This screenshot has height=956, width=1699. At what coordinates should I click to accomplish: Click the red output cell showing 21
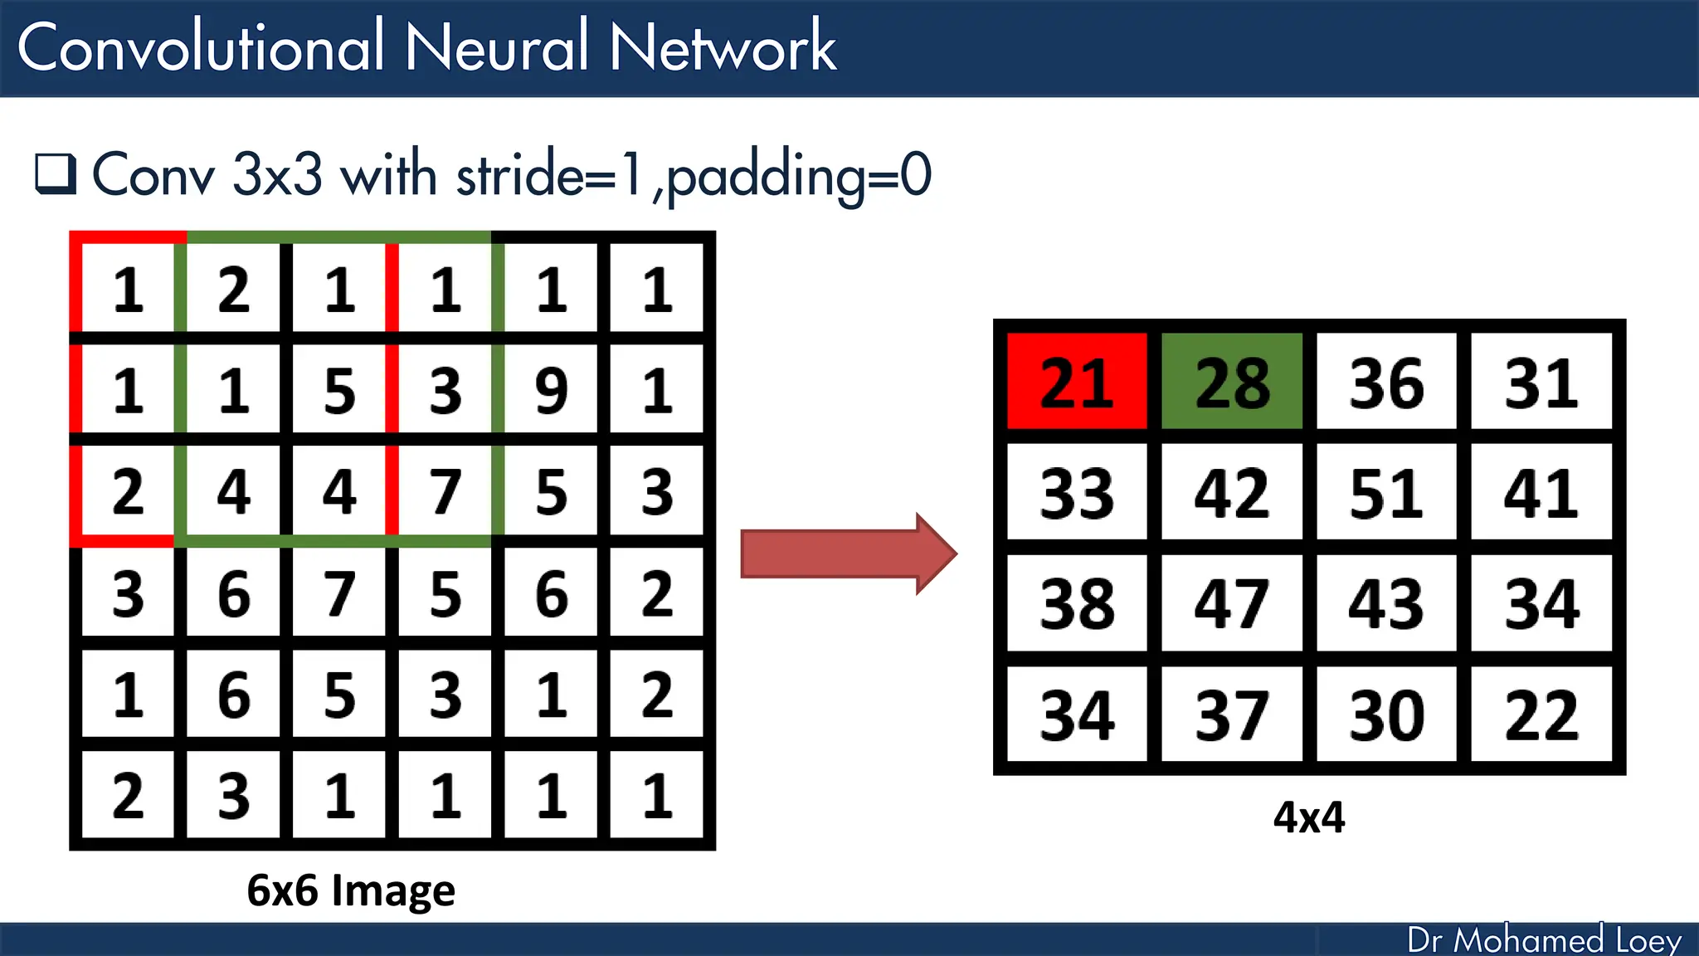click(x=1076, y=382)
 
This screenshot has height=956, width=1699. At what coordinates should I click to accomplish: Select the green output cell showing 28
click(x=1231, y=382)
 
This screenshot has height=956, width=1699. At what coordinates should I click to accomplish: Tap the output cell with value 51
click(x=1385, y=493)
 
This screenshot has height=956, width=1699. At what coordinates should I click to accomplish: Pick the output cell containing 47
click(x=1231, y=603)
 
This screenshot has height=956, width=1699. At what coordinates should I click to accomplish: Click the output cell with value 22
click(x=1541, y=715)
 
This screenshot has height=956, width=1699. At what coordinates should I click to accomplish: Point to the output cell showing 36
click(x=1385, y=382)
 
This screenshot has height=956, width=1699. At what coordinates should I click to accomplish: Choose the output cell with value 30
click(x=1385, y=715)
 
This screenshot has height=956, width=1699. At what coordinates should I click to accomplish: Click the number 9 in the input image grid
click(x=551, y=390)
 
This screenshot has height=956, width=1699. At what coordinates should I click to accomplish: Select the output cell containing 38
click(x=1076, y=603)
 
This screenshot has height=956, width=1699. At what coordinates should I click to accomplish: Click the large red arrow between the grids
click(x=846, y=554)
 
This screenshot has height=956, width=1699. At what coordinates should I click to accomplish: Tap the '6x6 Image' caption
click(x=351, y=890)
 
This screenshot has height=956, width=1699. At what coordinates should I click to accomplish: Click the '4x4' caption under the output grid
click(x=1308, y=817)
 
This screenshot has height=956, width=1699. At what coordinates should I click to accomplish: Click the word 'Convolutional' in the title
click(x=199, y=47)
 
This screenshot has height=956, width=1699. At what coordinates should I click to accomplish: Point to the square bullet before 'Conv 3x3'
click(x=56, y=174)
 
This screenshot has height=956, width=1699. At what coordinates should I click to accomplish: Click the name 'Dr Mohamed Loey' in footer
click(x=1544, y=940)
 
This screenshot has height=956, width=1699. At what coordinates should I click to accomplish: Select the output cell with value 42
click(x=1231, y=493)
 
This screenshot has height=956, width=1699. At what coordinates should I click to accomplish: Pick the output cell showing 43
click(x=1385, y=603)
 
